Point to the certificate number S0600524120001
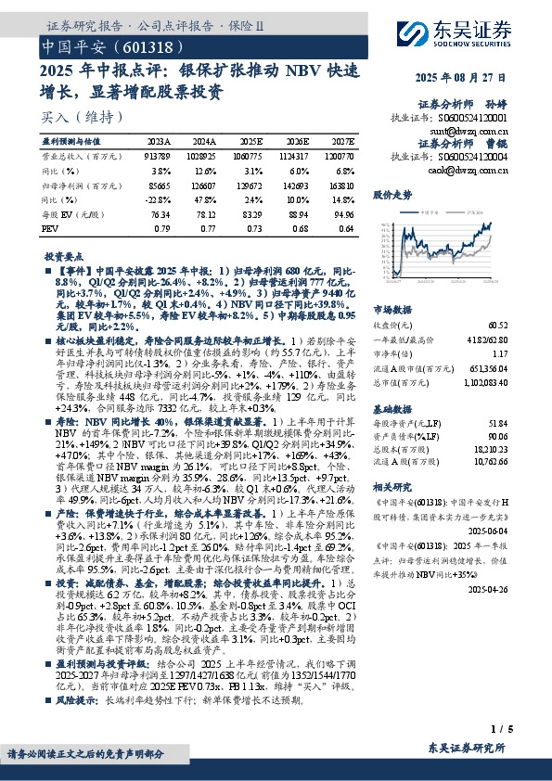(x=473, y=119)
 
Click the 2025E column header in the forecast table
(x=250, y=141)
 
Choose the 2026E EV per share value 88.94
(x=296, y=212)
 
